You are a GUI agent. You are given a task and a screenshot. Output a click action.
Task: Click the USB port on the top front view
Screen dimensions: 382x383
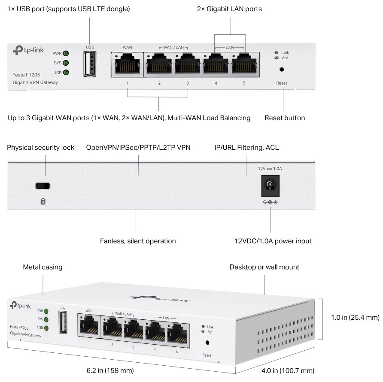click(x=90, y=64)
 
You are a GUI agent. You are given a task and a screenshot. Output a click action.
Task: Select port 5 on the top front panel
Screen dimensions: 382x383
click(x=244, y=64)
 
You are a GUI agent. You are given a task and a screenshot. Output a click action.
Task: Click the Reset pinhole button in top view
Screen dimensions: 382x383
click(x=282, y=70)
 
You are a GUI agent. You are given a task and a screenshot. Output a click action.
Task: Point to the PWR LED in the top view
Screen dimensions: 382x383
click(x=66, y=54)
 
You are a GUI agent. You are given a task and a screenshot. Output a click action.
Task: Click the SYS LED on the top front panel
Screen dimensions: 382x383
click(x=66, y=63)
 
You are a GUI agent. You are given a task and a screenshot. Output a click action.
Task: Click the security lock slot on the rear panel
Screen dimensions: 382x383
click(x=43, y=186)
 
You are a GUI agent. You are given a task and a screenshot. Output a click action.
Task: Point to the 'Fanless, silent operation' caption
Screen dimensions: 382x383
click(x=138, y=241)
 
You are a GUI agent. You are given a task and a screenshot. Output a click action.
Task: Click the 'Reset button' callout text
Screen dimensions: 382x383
click(x=285, y=118)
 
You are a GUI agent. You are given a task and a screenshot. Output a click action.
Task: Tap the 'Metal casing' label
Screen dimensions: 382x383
click(x=43, y=267)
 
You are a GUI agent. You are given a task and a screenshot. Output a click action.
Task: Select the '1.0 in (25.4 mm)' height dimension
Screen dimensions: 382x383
click(x=355, y=318)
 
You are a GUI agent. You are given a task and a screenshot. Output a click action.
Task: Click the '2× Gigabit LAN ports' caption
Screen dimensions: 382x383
click(x=229, y=9)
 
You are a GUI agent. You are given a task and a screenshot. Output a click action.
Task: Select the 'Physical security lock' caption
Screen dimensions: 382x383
click(x=41, y=148)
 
